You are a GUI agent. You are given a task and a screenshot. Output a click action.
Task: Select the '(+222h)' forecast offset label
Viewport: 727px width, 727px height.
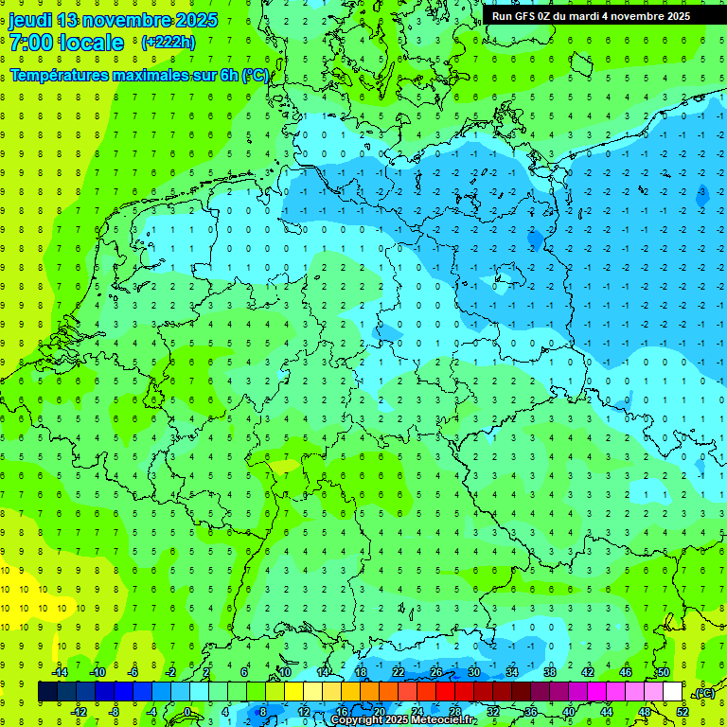[168, 43]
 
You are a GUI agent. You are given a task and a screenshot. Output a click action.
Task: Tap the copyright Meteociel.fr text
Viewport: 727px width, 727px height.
[403, 720]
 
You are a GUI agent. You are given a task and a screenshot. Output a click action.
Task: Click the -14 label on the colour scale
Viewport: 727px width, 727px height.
[59, 672]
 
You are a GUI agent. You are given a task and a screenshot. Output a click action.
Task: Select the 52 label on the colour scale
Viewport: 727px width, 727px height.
[683, 711]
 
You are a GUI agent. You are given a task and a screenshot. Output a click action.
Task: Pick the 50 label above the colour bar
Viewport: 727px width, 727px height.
[664, 672]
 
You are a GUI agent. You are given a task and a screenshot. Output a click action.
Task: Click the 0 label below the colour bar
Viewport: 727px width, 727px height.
[187, 711]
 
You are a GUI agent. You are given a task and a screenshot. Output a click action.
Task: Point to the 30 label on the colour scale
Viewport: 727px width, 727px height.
[473, 672]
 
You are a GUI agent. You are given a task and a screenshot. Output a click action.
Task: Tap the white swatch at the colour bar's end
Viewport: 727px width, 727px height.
[672, 691]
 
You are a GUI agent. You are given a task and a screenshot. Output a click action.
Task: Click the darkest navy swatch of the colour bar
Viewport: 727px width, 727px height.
[47, 691]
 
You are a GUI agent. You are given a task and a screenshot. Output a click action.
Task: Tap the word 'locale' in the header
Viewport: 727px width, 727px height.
[91, 43]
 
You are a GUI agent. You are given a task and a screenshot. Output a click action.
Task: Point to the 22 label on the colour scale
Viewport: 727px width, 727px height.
[399, 672]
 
